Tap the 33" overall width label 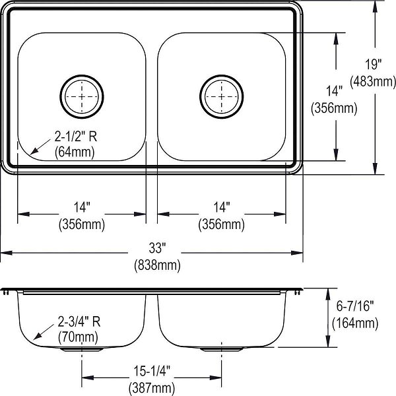coord(157,247)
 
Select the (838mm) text coord(157,265)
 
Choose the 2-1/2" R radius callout coord(76,137)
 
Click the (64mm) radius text coord(75,152)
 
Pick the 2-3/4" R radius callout coord(79,321)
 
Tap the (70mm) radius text coord(78,337)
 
